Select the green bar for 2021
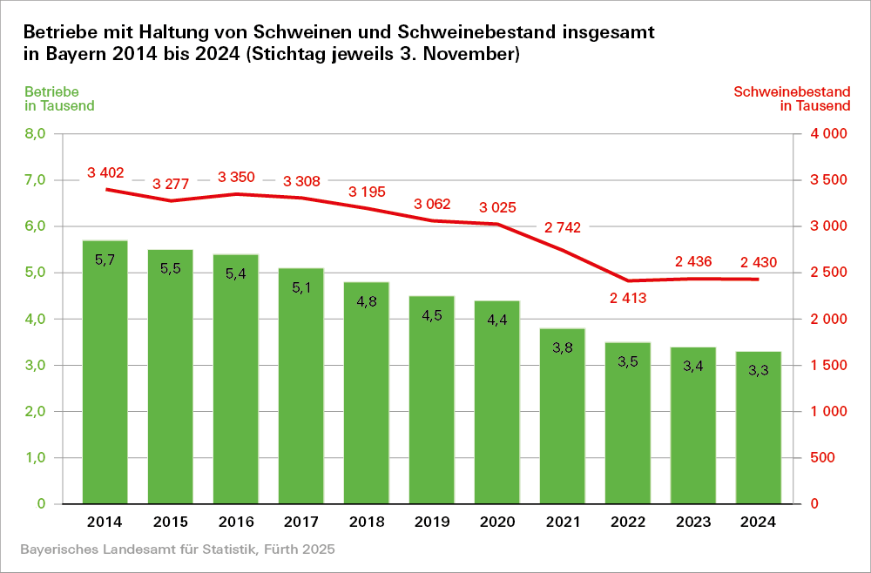563,418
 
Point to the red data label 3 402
105,172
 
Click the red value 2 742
563,227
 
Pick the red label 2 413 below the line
628,299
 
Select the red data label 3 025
497,208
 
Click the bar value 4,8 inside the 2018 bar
367,300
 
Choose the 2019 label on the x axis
432,522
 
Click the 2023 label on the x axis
693,522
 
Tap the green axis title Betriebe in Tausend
59,98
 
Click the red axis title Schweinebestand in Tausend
792,98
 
